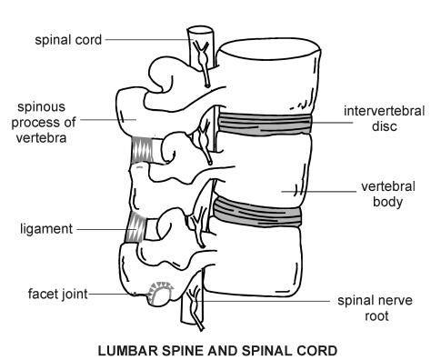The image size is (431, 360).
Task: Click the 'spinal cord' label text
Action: click(69, 39)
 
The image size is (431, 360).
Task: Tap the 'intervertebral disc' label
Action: click(379, 119)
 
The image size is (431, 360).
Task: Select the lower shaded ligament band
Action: click(136, 227)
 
